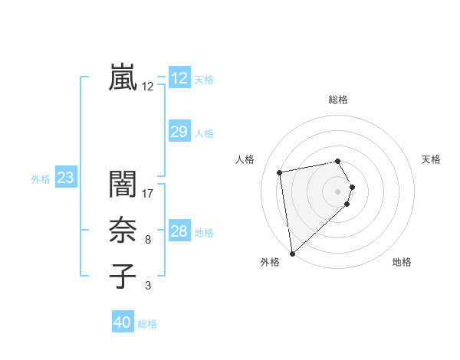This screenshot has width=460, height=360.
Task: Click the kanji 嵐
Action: (123, 77)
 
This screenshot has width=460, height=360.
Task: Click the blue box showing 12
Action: (179, 78)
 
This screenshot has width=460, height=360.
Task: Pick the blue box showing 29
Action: (179, 132)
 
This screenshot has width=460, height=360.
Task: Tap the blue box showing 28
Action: (179, 231)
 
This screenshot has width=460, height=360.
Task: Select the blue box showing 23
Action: (65, 178)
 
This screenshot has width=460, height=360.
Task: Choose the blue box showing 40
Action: (123, 322)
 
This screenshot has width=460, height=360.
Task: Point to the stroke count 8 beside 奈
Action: (148, 240)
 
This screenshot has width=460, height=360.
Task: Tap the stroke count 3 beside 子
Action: (148, 286)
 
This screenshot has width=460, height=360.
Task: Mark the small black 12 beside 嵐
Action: (148, 87)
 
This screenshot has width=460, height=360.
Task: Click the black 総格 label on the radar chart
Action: (338, 100)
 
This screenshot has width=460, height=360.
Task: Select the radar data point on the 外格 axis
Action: (292, 253)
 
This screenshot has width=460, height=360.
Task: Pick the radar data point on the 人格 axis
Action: (280, 172)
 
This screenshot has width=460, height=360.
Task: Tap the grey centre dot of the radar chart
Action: (338, 190)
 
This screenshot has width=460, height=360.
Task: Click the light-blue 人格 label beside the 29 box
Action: (204, 133)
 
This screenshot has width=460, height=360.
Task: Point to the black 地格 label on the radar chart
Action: (402, 263)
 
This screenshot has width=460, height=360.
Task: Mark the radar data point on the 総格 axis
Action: (338, 161)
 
